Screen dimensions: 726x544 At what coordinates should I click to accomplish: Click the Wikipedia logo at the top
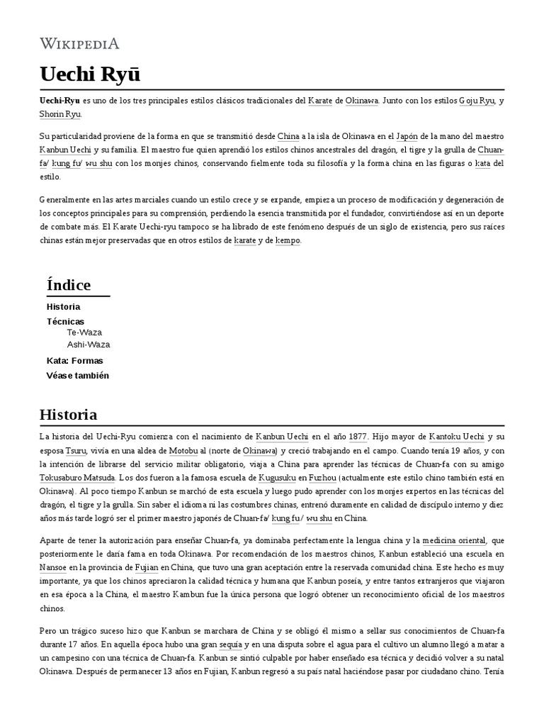pos(79,44)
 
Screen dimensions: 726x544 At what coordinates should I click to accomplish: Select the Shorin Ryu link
pos(60,114)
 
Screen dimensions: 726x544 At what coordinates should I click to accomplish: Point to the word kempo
pos(287,240)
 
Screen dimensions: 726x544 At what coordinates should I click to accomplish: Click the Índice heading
pos(69,285)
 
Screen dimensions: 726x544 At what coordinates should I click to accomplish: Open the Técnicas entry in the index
pos(64,321)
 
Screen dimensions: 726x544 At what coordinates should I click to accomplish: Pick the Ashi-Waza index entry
pos(88,345)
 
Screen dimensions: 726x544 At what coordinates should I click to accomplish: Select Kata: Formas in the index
pos(74,360)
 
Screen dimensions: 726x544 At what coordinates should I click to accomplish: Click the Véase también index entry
pos(78,375)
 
